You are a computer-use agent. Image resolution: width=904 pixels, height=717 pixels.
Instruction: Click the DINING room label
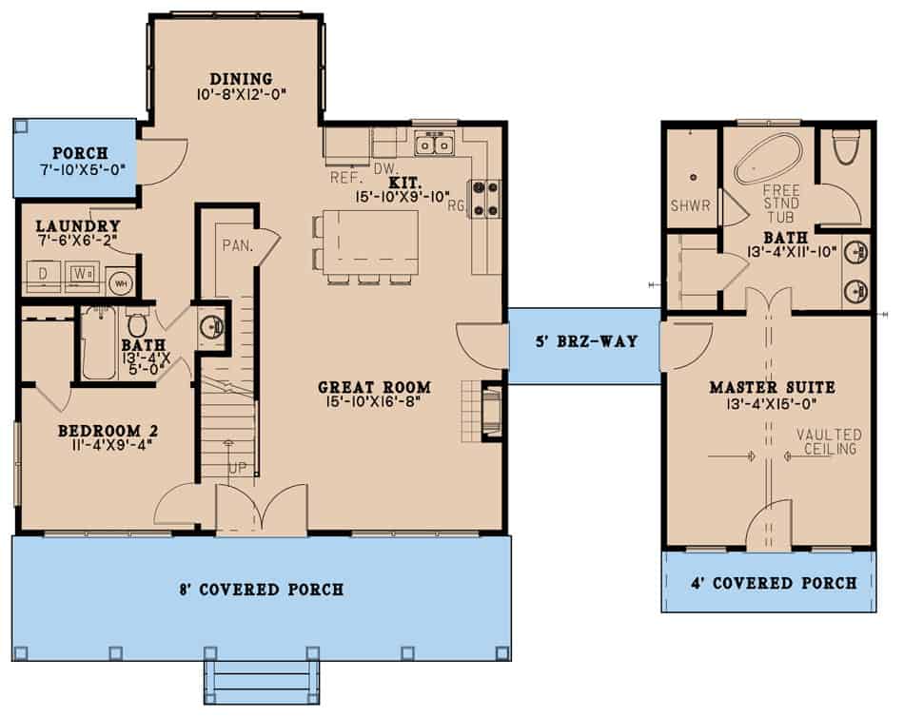241,79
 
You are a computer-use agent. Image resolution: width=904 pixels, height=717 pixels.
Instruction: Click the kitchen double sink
435,145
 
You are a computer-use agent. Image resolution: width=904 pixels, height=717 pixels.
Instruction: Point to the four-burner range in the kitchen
486,199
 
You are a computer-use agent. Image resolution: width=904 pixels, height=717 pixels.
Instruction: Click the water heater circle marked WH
120,282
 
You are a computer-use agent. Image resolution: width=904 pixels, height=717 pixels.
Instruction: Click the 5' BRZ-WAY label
584,340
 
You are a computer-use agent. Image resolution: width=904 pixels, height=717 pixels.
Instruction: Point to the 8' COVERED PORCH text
261,590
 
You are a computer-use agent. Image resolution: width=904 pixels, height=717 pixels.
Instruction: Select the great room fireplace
490,411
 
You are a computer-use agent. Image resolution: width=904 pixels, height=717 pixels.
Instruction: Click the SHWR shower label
690,204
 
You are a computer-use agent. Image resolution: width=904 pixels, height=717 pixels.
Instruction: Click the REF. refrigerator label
344,177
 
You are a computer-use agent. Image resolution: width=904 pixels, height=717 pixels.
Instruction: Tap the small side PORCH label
80,153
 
